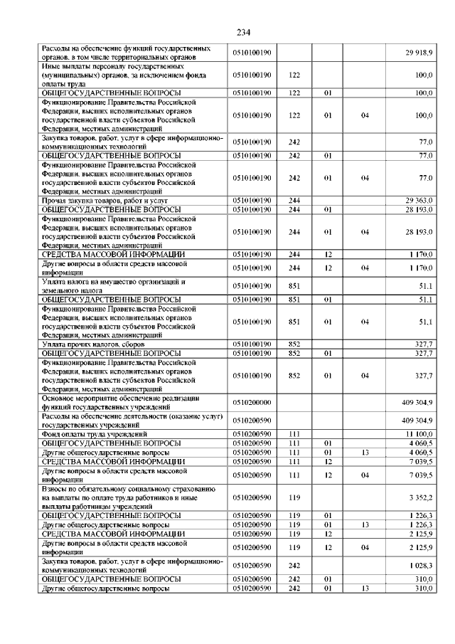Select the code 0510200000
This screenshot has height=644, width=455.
pos(252,402)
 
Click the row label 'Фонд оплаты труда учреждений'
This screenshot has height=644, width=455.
pos(95,433)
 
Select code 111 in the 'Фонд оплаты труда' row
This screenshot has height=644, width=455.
pos(294,433)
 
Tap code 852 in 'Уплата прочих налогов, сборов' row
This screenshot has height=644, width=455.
pos(294,344)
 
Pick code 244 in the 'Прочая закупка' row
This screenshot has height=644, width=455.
pos(294,201)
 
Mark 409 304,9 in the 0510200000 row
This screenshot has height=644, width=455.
pos(417,402)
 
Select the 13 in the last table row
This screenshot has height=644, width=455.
pos(365,589)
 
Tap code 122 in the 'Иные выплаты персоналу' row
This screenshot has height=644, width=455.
pos(294,74)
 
